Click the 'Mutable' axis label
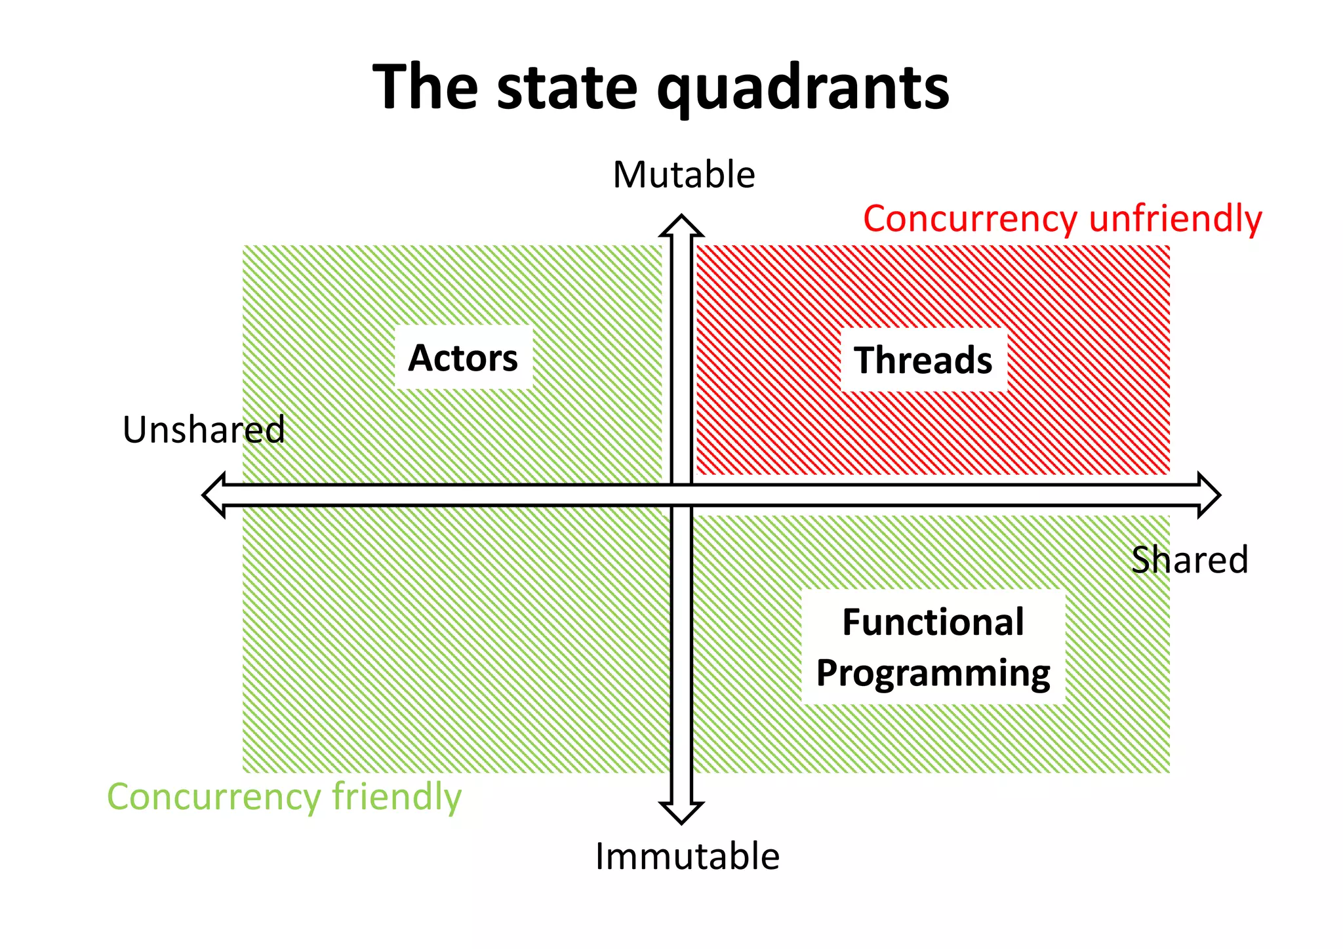tap(684, 175)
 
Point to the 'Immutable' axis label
tap(687, 857)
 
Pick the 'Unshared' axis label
tap(204, 430)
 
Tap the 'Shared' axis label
tap(1190, 560)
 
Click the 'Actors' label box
tap(464, 358)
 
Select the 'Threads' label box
tap(923, 361)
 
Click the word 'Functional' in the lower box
tap(932, 622)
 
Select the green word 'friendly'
tap(397, 797)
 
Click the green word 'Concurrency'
tap(214, 798)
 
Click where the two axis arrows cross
tap(681, 495)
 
